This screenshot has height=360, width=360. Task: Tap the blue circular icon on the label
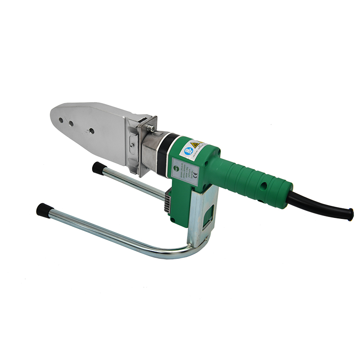188,151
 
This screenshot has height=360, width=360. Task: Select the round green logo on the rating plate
177,168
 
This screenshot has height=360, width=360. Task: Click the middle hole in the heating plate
72,123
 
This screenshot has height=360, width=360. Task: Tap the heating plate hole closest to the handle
90,131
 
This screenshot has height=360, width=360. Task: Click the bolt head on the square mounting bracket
150,127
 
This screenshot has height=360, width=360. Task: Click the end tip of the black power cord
350,214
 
